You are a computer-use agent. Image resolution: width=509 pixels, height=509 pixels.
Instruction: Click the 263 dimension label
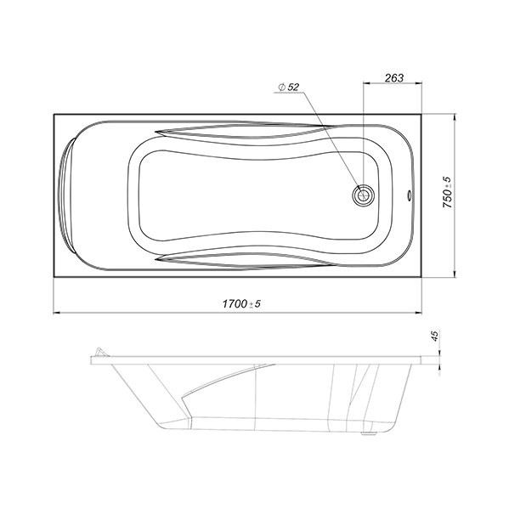tap(394, 78)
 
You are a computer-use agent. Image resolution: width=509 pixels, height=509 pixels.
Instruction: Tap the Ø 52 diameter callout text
tap(288, 87)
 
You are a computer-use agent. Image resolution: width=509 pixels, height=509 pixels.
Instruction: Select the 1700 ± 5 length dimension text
tap(241, 304)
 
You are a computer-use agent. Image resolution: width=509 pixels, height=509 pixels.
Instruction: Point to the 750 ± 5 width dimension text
tap(447, 193)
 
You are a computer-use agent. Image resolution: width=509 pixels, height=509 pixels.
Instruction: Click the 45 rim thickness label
tap(435, 335)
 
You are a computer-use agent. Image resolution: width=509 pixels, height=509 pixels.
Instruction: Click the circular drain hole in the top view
tap(363, 195)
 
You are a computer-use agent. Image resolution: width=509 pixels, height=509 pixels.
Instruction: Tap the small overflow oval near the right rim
tap(410, 195)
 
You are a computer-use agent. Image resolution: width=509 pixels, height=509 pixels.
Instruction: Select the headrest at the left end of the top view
tap(66, 195)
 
